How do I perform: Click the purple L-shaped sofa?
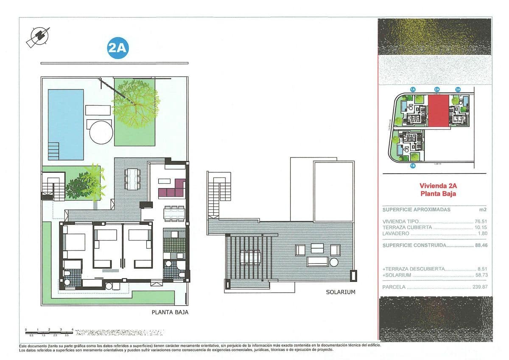point(171,189)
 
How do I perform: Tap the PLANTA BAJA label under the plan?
point(170,312)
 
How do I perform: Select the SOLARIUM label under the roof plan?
point(340,292)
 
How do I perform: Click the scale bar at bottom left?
point(49,332)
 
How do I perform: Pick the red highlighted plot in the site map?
point(437,110)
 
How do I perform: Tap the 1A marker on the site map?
point(412,90)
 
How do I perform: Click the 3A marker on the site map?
point(458,90)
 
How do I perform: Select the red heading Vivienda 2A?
point(438,186)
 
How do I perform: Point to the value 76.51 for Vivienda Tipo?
point(481,222)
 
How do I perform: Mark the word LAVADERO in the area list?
point(396,233)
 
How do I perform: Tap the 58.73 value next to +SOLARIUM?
point(481,275)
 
